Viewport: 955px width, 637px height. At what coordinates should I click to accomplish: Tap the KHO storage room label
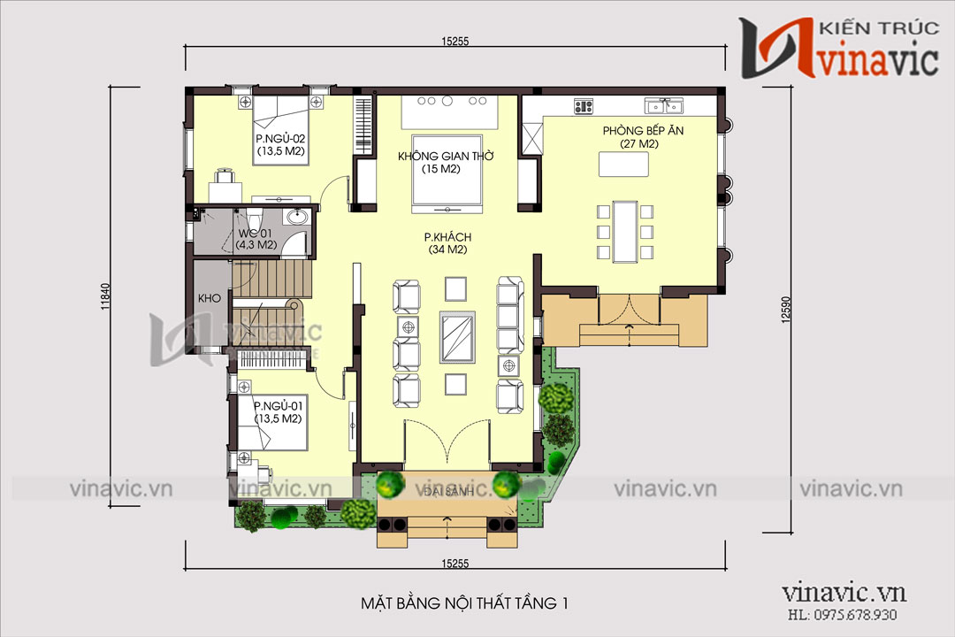pos(209,299)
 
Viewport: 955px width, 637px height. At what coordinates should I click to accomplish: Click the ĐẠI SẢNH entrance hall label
pos(447,491)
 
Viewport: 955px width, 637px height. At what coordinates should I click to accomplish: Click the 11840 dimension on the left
pos(104,297)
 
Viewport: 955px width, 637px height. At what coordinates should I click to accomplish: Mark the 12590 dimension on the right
pos(786,309)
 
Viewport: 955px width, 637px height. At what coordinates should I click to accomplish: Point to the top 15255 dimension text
pos(455,42)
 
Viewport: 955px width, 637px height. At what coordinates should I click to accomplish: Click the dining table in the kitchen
pos(625,232)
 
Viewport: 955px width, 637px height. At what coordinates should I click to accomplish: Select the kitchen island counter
pos(623,164)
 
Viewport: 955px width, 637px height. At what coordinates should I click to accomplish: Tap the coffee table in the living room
pos(457,337)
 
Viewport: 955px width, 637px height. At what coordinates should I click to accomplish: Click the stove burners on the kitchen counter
pos(583,107)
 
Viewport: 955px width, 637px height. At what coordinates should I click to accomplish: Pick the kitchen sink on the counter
pos(664,106)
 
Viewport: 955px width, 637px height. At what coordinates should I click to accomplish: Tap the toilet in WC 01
pos(256,217)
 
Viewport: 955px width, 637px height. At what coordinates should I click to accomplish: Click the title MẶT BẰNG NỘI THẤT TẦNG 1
pos(465,603)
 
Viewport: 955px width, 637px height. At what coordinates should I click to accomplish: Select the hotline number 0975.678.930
pos(855,615)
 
